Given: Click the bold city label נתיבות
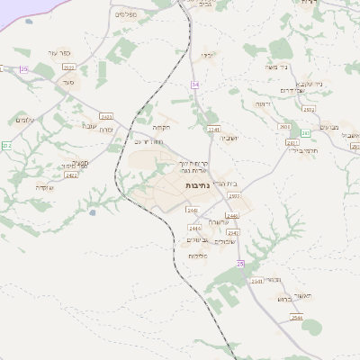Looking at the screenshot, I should click(x=197, y=184).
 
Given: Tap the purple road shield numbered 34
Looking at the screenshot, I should click(x=194, y=84).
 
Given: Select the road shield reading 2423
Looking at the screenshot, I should click(x=107, y=116).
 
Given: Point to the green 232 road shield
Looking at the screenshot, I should click(x=5, y=145).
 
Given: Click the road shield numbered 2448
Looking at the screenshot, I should click(x=192, y=210).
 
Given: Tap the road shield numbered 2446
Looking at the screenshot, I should click(x=232, y=216).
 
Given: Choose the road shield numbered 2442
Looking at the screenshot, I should click(x=233, y=232).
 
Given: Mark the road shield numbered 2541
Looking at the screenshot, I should click(x=256, y=281).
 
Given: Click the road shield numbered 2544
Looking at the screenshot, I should click(x=298, y=318).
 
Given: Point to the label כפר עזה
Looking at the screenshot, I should click(x=60, y=66).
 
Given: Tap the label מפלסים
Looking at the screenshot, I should click(x=125, y=14).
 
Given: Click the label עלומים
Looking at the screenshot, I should click(x=24, y=120).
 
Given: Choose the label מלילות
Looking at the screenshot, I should click(x=198, y=256).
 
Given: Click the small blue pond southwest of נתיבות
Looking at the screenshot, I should click(x=93, y=213).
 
